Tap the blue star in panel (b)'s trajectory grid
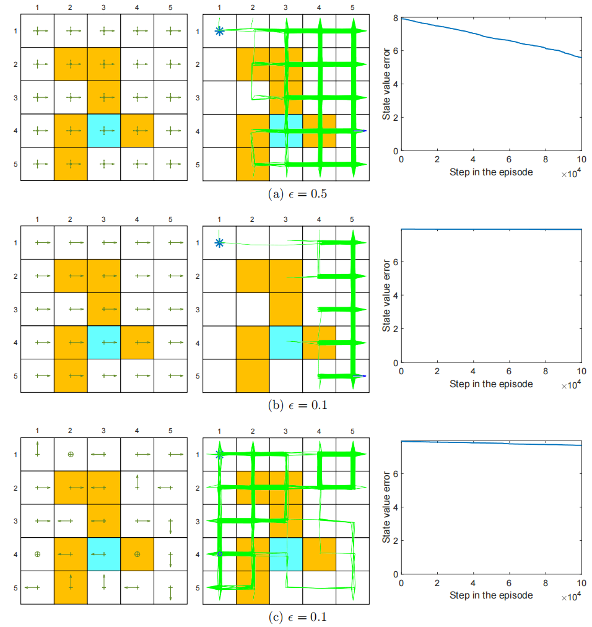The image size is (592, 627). [219, 242]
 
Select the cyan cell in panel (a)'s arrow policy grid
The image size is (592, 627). [103, 131]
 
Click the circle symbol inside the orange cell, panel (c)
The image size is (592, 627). [137, 554]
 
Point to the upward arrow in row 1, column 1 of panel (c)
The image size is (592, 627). [37, 448]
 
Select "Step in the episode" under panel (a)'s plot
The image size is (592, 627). [491, 172]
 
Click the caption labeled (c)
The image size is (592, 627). [297, 616]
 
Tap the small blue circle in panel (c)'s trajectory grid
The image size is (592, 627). [219, 554]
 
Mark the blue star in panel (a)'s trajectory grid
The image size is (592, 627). [219, 30]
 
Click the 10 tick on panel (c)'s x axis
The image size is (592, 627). [581, 584]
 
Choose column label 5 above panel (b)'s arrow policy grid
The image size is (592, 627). [170, 219]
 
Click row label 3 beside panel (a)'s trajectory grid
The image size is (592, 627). [197, 98]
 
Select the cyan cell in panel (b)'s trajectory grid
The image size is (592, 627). [286, 343]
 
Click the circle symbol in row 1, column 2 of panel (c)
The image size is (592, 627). [71, 454]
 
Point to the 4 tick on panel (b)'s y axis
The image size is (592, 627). [394, 296]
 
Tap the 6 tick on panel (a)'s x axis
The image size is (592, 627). [509, 160]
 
